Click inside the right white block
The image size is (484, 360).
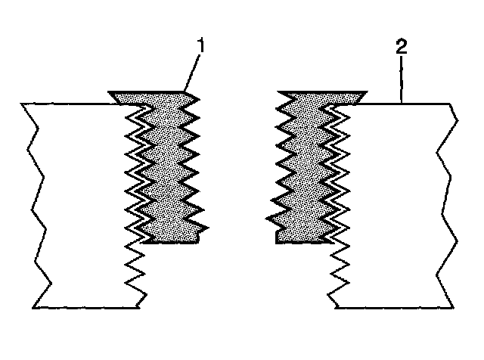pyautogui.click(x=393, y=204)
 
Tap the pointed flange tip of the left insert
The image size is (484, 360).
pyautogui.click(x=110, y=94)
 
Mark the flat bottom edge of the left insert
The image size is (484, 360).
pyautogui.click(x=170, y=242)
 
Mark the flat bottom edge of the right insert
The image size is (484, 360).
pyautogui.click(x=302, y=242)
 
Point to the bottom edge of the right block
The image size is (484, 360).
pyautogui.click(x=393, y=308)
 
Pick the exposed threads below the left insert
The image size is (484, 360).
pyautogui.click(x=137, y=272)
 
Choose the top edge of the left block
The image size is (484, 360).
pyautogui.click(x=68, y=104)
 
